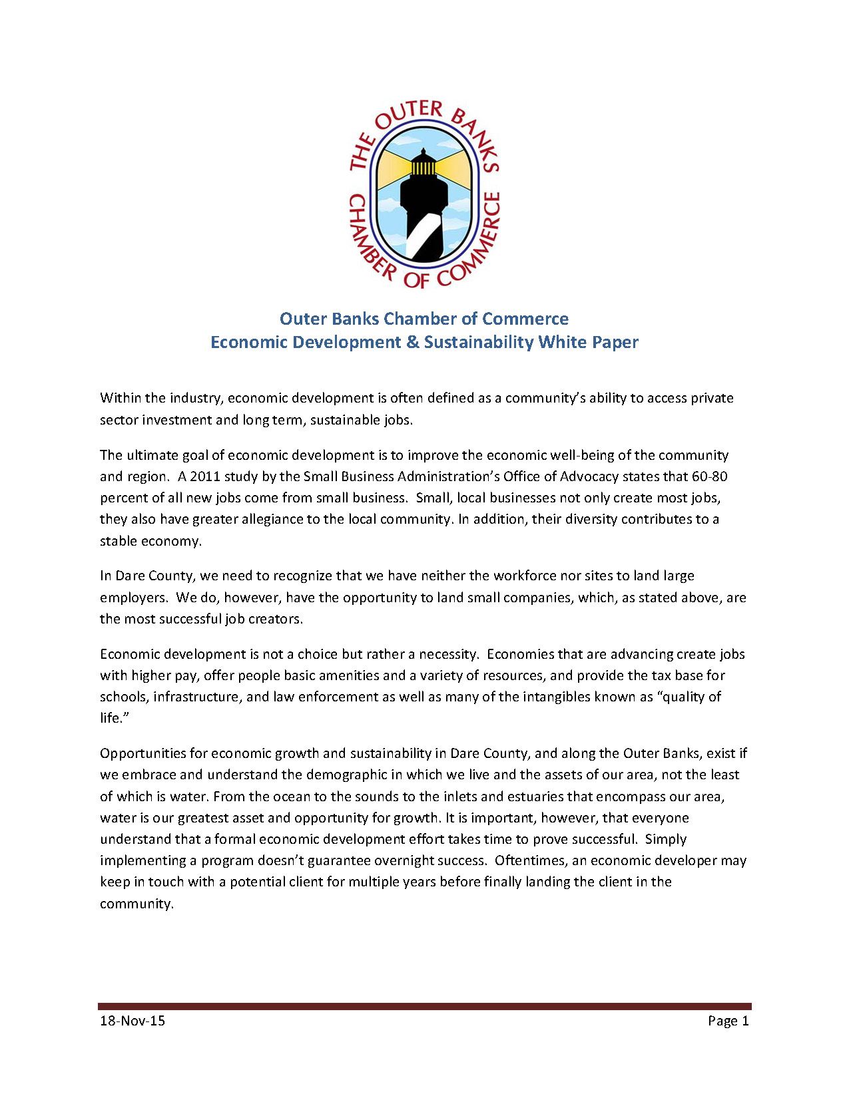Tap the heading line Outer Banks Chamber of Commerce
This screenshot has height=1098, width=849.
(x=424, y=318)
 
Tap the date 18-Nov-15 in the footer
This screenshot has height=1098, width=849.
(x=132, y=1021)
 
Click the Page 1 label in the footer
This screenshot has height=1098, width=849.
(x=728, y=1021)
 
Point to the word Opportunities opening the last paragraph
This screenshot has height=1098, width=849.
(x=143, y=753)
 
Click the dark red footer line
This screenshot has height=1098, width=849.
(x=424, y=1006)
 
